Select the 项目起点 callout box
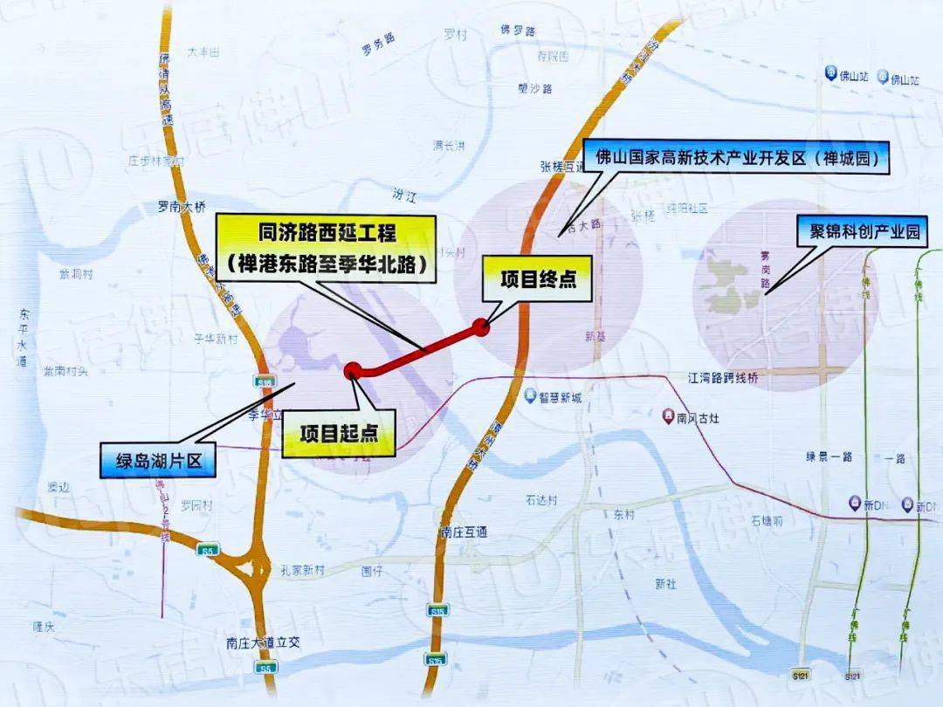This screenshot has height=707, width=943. [339, 433]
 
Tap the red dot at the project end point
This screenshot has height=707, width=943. [479, 326]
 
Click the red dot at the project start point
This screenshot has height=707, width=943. [353, 370]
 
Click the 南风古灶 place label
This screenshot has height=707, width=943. [696, 417]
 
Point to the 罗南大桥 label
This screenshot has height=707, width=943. [181, 208]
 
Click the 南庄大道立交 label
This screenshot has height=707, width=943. [262, 642]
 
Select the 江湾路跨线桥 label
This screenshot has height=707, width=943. [725, 378]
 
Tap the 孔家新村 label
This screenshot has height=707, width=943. [302, 570]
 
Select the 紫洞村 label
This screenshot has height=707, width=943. [76, 273]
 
